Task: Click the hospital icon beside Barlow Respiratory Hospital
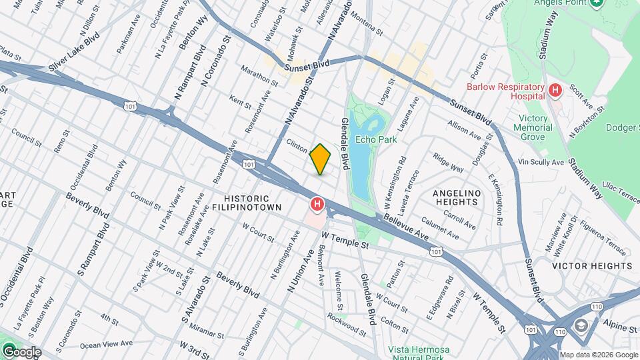tap(554, 89)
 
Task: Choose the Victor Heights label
tap(591, 266)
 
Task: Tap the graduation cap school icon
tap(579, 325)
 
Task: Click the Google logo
tap(21, 352)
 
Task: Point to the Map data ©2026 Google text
tap(598, 355)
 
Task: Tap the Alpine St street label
tap(620, 329)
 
